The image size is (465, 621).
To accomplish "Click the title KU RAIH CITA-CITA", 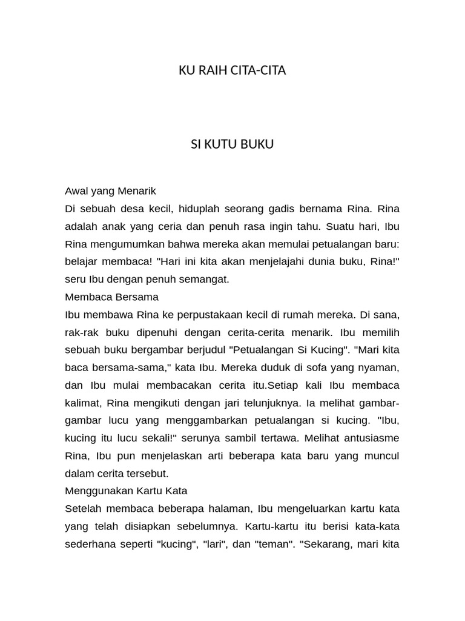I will pyautogui.click(x=232, y=70).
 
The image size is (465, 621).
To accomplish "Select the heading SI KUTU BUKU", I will pyautogui.click(x=232, y=144).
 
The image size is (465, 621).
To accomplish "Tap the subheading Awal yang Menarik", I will pyautogui.click(x=110, y=191).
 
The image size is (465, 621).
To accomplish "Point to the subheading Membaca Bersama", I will pyautogui.click(x=111, y=297).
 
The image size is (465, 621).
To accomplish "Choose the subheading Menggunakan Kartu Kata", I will pyautogui.click(x=126, y=491).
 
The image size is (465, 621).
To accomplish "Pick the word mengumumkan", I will pyautogui.click(x=125, y=244).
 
